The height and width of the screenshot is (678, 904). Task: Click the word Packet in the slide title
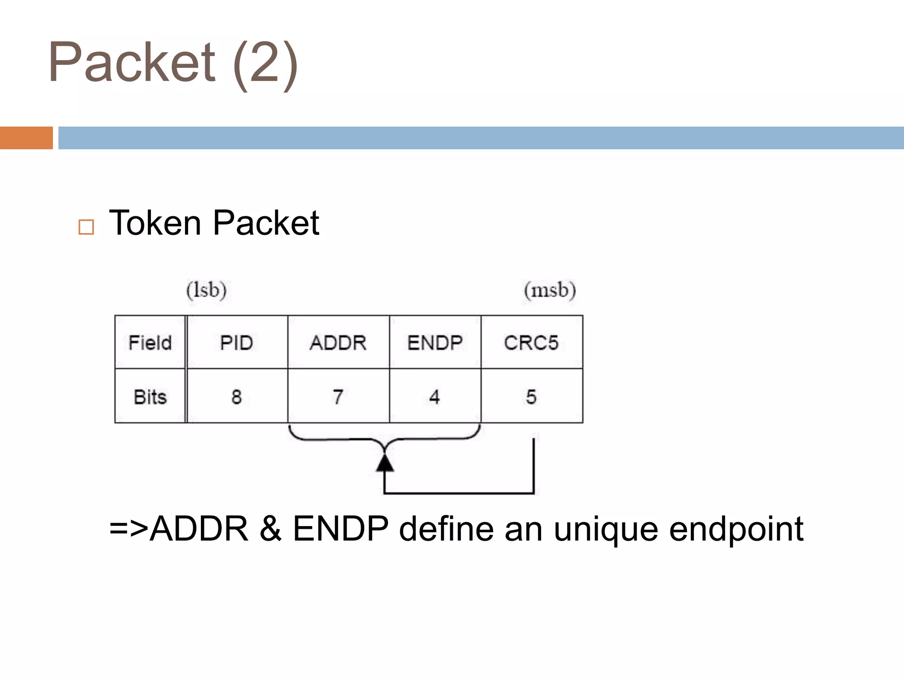point(132,62)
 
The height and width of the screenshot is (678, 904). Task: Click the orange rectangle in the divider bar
point(26,138)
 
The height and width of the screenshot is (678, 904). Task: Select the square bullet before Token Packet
point(86,227)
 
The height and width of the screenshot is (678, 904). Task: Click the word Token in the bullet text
point(154,223)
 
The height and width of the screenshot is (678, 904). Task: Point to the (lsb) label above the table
point(206,290)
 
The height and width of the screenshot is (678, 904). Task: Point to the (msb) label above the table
point(550,290)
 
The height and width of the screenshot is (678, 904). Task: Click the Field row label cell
point(150,343)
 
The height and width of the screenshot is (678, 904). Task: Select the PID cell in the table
point(237,343)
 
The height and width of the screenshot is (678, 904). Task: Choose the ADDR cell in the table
point(338,343)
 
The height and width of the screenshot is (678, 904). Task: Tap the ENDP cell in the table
point(435,343)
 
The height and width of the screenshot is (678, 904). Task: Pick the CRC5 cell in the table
point(531,343)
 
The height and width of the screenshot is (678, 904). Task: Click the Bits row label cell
point(150,397)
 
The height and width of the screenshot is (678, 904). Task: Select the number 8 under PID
point(237,397)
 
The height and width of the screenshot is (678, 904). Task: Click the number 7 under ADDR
point(338,397)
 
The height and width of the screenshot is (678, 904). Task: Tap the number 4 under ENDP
point(435,397)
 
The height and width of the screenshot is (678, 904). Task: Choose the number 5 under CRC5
point(531,397)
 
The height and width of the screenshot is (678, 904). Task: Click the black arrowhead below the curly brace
point(385,463)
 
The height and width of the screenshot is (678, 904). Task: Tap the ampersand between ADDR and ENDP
point(271,529)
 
